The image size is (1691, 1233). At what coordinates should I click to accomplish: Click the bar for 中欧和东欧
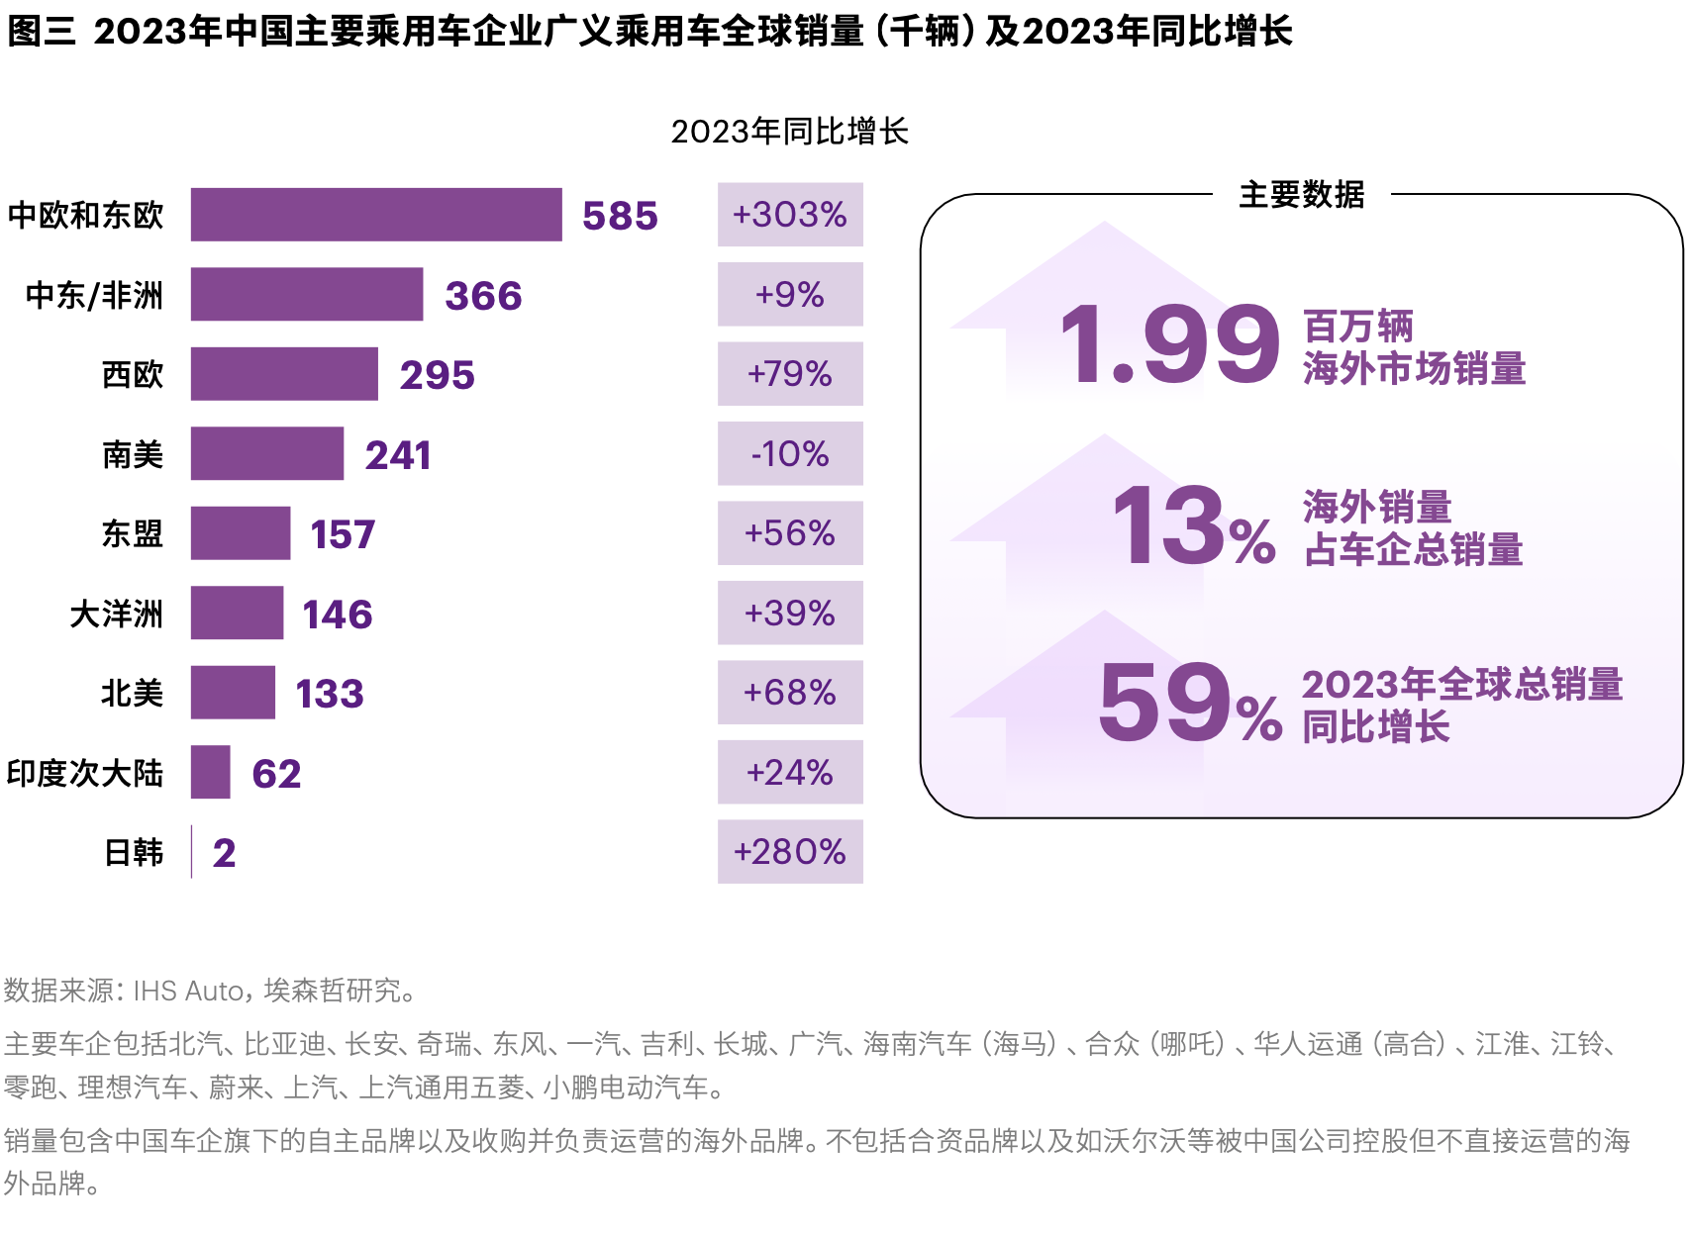[x=376, y=215]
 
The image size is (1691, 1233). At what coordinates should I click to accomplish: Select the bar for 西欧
[x=284, y=374]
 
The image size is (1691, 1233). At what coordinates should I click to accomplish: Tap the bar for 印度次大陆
[x=210, y=772]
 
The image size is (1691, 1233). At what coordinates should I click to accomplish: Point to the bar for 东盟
[x=241, y=533]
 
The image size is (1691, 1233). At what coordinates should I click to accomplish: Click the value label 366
[x=483, y=296]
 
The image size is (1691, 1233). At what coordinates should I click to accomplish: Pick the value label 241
[x=398, y=455]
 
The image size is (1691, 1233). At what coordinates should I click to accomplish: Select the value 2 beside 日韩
[x=224, y=853]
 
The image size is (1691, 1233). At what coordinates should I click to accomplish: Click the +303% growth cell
[x=790, y=215]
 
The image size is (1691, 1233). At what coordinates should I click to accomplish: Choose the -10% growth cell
[x=790, y=454]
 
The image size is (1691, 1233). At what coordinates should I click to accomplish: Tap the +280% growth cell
[x=790, y=852]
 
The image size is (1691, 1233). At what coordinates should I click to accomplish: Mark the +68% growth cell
[x=790, y=693]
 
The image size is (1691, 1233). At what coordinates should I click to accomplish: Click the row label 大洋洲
[x=116, y=614]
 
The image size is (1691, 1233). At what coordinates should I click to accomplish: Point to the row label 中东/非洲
[x=94, y=295]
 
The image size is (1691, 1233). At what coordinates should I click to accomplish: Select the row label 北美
[x=132, y=693]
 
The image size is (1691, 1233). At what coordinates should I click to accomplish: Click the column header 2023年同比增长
[x=789, y=132]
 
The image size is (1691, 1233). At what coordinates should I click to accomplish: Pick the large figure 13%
[x=1193, y=527]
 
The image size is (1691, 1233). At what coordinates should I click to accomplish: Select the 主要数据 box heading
[x=1301, y=195]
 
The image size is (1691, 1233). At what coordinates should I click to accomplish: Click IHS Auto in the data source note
[x=188, y=991]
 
